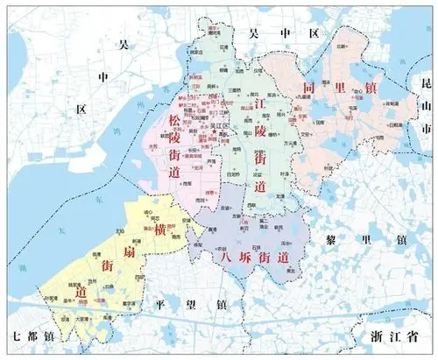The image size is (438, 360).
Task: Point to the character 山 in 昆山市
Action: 426,106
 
